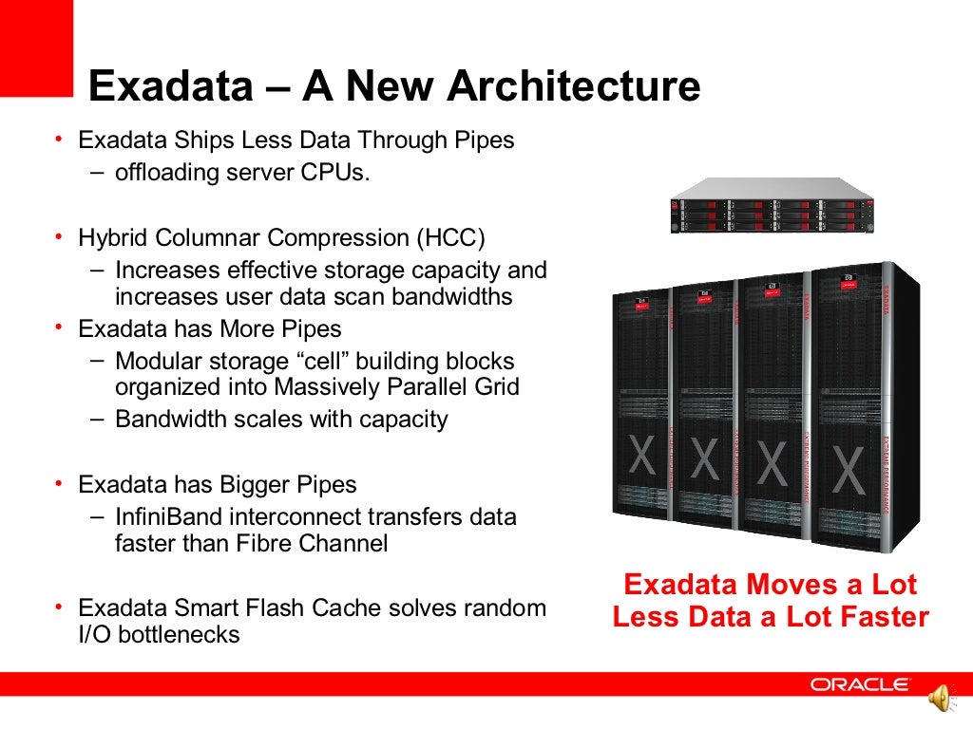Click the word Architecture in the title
573,86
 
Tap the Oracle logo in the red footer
861,684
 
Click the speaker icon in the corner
939,700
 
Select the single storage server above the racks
772,206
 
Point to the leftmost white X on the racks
642,457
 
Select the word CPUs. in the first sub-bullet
337,174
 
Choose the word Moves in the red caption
757,584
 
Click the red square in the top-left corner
36,47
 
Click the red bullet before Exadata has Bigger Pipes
58,484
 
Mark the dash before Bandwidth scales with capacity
100,419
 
